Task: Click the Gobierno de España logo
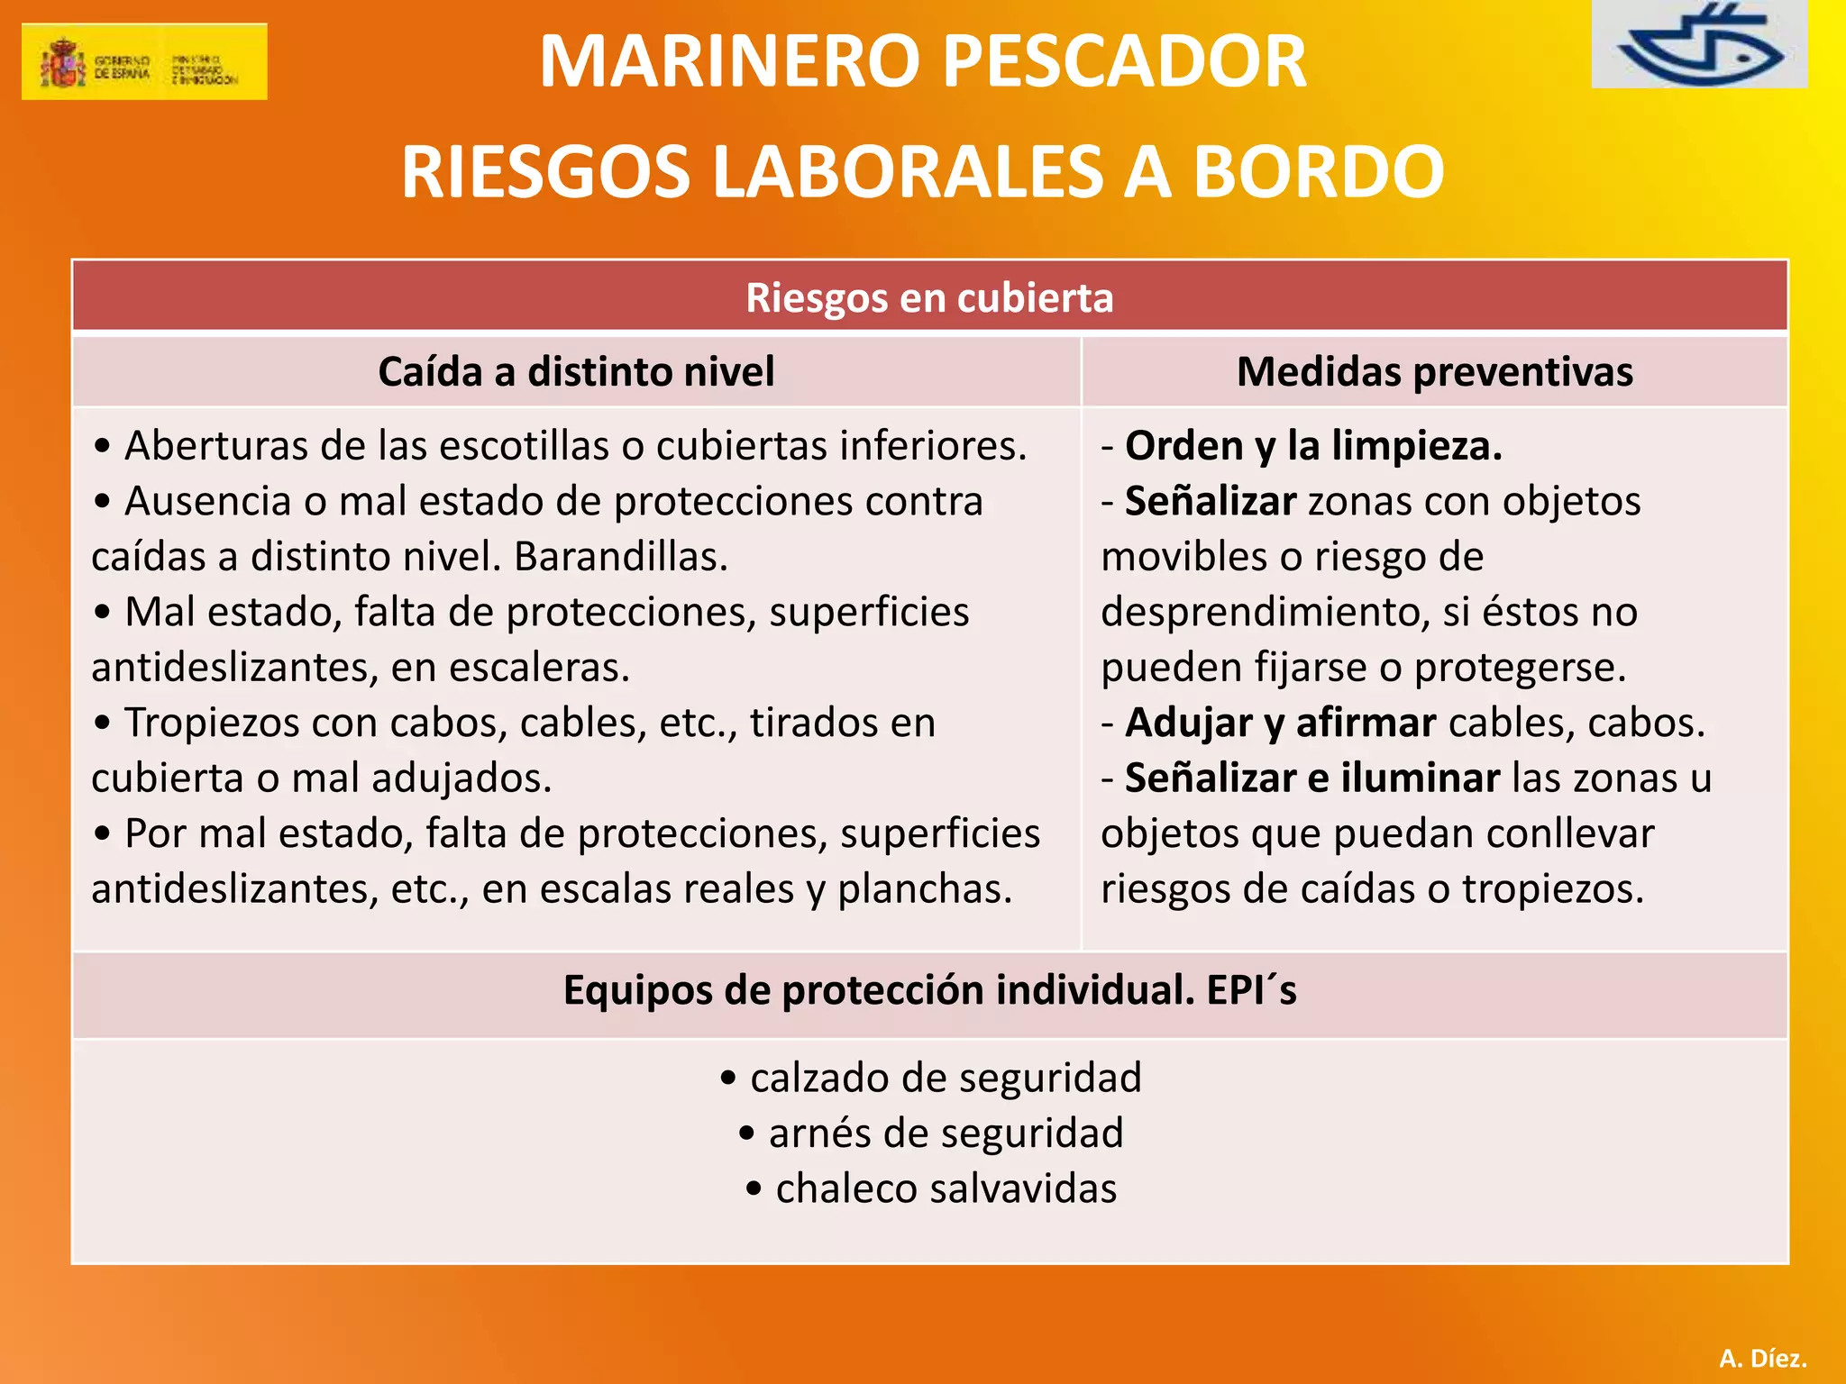click(144, 61)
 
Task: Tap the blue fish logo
click(1698, 45)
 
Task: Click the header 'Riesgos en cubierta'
click(929, 297)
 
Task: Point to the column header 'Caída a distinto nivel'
click(576, 371)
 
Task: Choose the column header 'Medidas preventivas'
click(1434, 371)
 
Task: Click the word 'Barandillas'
click(620, 557)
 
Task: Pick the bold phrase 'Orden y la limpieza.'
click(1313, 446)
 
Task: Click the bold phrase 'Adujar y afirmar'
click(1281, 723)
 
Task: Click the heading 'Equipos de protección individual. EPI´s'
click(929, 990)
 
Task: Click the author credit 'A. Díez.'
click(1762, 1358)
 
